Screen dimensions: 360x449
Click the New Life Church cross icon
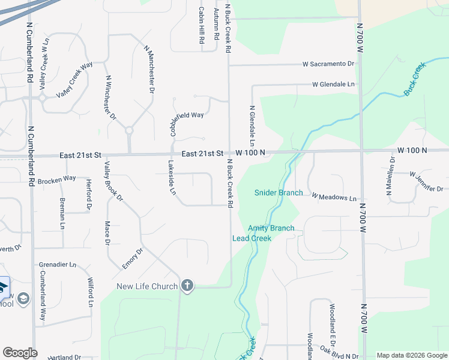pos(187,286)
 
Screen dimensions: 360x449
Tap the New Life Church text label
pos(147,286)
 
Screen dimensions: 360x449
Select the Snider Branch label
pos(278,193)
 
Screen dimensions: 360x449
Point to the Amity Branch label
pos(271,228)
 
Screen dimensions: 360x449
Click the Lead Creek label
pos(252,238)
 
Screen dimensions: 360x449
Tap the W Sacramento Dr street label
pos(328,64)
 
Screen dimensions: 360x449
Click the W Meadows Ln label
pos(334,197)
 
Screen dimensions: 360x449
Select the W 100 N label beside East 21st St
pos(250,153)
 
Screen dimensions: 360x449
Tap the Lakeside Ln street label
pos(172,178)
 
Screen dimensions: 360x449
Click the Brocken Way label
pos(56,179)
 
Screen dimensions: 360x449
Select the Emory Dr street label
pos(132,259)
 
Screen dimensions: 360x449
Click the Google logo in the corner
pos(20,353)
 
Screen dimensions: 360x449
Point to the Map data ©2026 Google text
pos(411,355)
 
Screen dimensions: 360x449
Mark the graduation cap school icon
pos(23,299)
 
